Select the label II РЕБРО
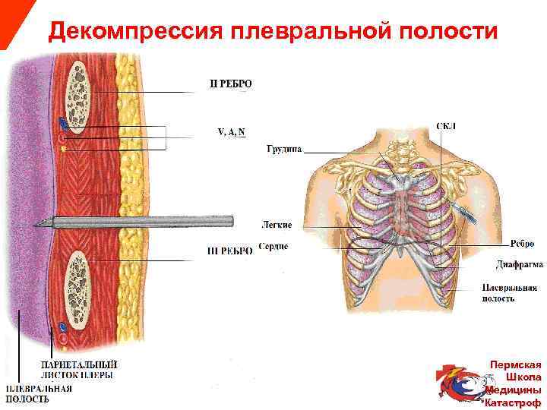click(230, 84)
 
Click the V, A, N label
click(231, 131)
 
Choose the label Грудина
click(284, 150)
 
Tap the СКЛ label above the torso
click(446, 125)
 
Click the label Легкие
click(277, 225)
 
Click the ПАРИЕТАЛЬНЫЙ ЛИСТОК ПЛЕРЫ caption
click(78, 369)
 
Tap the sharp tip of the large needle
click(36, 223)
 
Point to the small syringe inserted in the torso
click(465, 213)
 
